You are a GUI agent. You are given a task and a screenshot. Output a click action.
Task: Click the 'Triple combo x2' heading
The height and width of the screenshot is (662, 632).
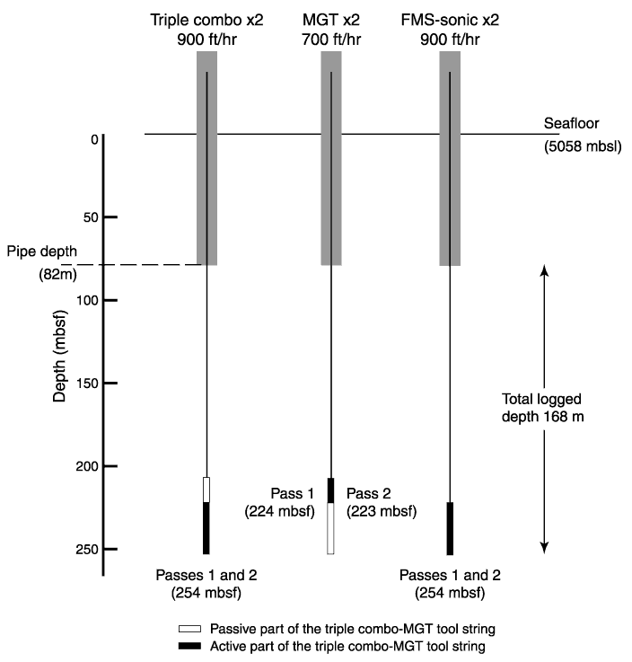click(x=206, y=20)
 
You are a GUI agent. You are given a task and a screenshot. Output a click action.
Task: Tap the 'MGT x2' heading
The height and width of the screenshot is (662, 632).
click(x=331, y=20)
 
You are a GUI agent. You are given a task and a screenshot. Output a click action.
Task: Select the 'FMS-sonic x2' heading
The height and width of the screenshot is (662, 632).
click(x=450, y=20)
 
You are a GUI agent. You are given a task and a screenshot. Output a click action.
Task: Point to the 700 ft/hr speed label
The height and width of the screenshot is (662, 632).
click(x=331, y=40)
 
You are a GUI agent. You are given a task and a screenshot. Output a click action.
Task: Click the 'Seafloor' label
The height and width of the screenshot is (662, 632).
click(x=571, y=123)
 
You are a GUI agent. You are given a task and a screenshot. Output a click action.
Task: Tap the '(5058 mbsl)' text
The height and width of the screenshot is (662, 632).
click(x=583, y=146)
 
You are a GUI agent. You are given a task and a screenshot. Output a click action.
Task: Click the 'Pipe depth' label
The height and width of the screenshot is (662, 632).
click(x=42, y=252)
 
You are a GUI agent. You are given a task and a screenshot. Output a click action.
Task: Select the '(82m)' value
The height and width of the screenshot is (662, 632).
click(x=57, y=275)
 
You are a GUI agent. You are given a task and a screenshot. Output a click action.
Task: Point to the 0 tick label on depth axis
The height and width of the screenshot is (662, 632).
click(x=94, y=139)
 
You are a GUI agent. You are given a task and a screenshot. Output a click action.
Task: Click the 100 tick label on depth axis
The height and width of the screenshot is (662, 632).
click(x=86, y=300)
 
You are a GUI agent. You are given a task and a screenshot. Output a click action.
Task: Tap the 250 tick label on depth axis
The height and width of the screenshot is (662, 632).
click(x=86, y=550)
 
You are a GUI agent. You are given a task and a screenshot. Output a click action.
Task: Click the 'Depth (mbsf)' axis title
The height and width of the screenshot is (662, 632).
click(x=59, y=356)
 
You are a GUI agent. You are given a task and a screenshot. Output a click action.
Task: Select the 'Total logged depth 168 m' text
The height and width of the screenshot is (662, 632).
click(x=542, y=408)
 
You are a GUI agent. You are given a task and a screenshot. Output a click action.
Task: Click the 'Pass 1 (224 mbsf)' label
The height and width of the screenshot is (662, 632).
click(x=280, y=502)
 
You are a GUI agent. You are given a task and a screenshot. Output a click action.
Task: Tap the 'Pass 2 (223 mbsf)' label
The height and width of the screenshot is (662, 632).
click(x=382, y=502)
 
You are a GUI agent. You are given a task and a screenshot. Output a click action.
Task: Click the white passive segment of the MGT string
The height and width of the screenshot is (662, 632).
click(x=330, y=528)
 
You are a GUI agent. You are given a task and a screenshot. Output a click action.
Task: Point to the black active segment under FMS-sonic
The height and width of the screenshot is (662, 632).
click(x=450, y=528)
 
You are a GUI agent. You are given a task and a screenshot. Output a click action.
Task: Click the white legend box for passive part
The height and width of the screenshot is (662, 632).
click(x=189, y=629)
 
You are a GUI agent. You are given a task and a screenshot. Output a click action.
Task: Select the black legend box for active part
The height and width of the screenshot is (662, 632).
click(x=189, y=646)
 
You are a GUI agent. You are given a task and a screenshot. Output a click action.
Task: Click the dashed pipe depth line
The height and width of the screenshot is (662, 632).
click(x=132, y=265)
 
